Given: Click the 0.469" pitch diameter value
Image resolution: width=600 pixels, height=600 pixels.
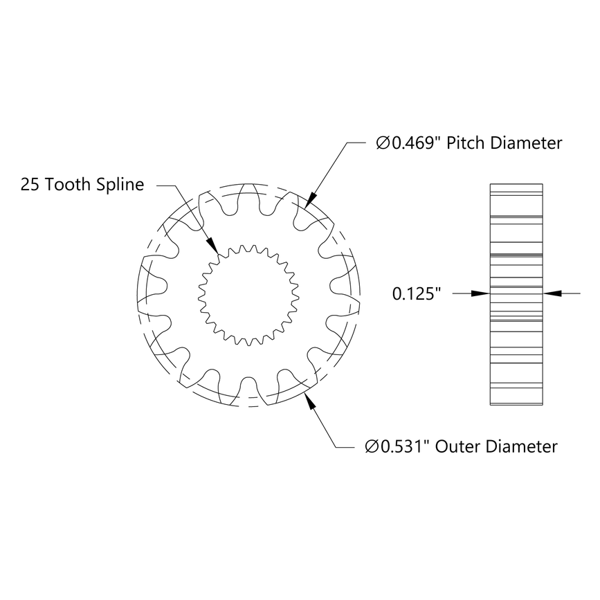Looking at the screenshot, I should point(416,143).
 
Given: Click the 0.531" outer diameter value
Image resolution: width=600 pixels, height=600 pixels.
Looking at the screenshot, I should point(409,446).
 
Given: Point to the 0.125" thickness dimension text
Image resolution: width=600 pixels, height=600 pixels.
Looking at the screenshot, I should point(417,294).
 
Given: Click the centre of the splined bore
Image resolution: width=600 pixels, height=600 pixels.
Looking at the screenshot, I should point(248,294).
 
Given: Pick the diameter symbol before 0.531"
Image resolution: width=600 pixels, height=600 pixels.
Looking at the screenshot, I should point(372,446).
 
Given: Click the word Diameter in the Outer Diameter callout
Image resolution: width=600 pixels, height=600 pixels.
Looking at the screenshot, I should point(522,446).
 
